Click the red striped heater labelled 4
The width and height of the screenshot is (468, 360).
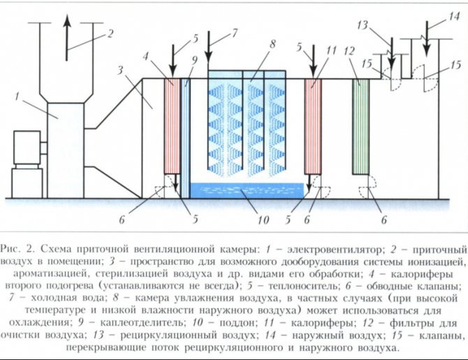(171, 126)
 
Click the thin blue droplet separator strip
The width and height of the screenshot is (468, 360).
(187, 133)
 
